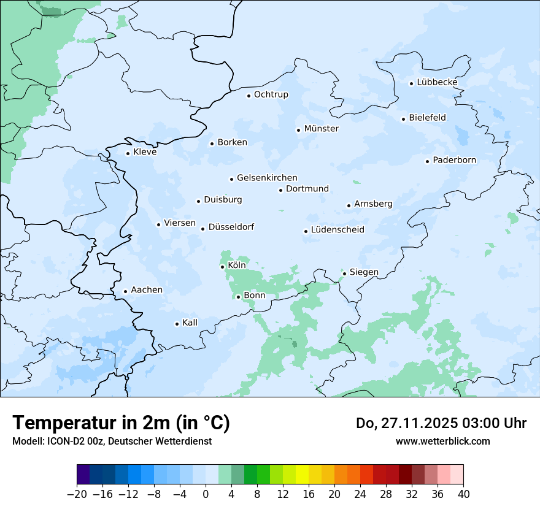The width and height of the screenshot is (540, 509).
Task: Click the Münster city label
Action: [321, 129]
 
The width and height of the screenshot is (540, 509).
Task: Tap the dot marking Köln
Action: [222, 267]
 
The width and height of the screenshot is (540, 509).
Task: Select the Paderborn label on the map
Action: [454, 161]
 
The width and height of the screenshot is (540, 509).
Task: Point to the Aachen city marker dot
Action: [125, 292]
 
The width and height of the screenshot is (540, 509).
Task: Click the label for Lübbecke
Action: [437, 82]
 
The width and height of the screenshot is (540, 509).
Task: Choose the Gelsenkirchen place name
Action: [267, 178]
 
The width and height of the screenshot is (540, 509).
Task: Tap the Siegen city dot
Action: [344, 274]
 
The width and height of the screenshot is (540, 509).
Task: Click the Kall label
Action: [190, 323]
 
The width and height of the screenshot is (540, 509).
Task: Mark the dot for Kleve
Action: [128, 153]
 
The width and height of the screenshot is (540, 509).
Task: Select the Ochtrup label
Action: [271, 94]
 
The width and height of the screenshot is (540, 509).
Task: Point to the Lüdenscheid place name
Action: [337, 230]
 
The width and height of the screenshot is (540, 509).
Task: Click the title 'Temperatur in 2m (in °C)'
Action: [121, 423]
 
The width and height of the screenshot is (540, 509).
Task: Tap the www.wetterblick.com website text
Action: [442, 441]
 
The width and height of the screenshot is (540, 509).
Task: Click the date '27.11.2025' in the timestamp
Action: [414, 423]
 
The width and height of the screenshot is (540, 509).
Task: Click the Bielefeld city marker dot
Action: [403, 119]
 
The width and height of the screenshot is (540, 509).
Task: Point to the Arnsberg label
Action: [373, 204]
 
